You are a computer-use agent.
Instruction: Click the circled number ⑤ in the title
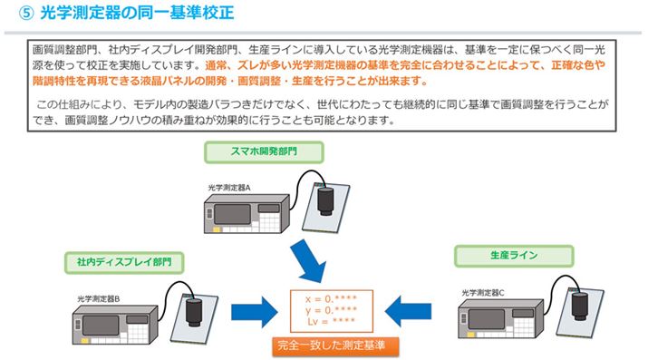point(26,13)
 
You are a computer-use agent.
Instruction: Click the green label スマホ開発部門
point(264,151)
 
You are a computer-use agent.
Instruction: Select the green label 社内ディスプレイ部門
point(124,262)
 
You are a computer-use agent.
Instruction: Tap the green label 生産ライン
point(514,256)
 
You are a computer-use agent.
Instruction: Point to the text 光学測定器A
point(229,188)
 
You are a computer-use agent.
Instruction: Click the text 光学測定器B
point(99,298)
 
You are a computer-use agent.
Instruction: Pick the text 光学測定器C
point(483,293)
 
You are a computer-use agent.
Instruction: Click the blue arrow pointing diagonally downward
point(309,260)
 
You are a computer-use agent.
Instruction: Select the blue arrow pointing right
point(255,312)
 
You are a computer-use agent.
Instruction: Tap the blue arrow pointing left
point(408,311)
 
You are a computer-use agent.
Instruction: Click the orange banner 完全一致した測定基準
point(335,346)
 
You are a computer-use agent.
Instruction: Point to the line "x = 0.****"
point(331,299)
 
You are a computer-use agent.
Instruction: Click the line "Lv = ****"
point(331,321)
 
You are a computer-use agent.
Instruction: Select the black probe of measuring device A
point(325,201)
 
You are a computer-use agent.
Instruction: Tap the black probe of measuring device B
point(193,312)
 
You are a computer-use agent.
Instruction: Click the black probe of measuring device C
point(579,306)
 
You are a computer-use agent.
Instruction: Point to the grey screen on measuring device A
point(232,215)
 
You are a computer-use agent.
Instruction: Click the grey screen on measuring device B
point(101,326)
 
